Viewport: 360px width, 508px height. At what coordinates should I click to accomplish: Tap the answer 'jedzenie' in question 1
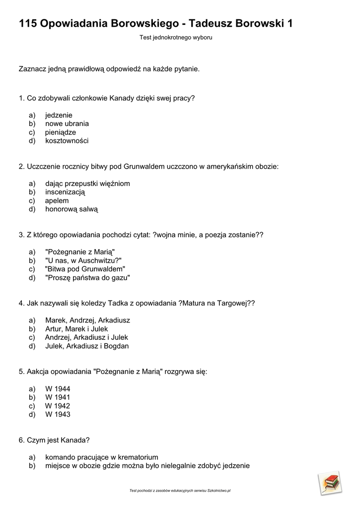point(59,115)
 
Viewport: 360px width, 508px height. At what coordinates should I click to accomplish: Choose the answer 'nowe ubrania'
point(67,124)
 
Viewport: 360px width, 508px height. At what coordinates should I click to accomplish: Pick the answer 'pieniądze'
point(61,132)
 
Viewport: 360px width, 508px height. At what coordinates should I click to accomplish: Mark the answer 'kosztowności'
point(67,141)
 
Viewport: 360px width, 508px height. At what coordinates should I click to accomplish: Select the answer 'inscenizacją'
point(65,192)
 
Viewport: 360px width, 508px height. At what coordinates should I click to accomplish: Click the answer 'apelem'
point(57,201)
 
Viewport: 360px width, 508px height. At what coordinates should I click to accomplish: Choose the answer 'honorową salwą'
point(72,209)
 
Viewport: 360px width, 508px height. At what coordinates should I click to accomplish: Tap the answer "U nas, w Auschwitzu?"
point(83,261)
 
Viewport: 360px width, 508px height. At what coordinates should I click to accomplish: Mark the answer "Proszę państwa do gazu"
point(87,278)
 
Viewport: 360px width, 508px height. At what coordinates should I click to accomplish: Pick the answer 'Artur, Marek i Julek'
point(76,329)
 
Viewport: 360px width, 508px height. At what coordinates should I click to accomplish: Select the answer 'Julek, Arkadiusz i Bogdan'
point(87,346)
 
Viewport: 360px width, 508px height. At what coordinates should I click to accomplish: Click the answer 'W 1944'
point(58,388)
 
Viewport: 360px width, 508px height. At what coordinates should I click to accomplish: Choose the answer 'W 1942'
point(58,406)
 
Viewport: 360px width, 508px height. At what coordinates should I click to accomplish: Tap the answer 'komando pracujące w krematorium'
point(102,457)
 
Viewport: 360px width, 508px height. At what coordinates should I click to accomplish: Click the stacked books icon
point(330,483)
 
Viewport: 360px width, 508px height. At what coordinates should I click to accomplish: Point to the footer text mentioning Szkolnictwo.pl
point(180,491)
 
